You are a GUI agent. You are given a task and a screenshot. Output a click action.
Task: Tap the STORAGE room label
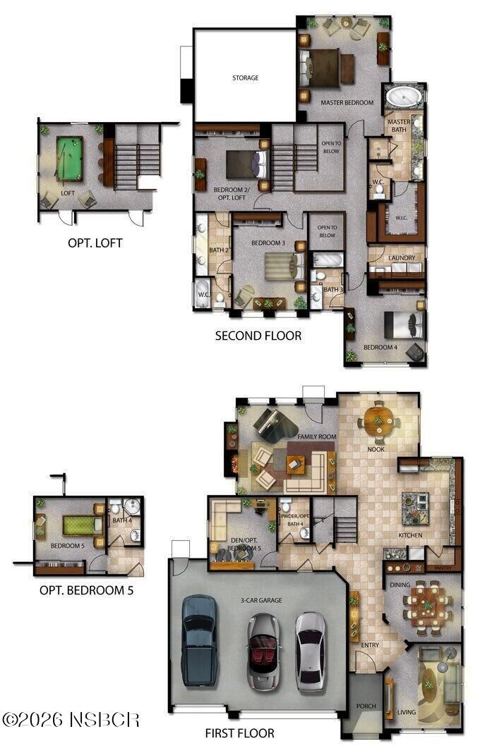pos(245,78)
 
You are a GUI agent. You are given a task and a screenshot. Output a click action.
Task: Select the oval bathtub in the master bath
pos(404,97)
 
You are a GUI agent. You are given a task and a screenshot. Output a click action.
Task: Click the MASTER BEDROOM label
pos(347,103)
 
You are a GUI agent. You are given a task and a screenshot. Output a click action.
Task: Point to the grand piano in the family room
pos(273,425)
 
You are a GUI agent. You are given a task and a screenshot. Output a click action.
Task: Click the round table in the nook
pos(378,421)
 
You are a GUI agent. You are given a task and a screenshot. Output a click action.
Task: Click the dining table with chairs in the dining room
pos(428,606)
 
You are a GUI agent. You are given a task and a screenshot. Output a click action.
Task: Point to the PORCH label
pos(366,706)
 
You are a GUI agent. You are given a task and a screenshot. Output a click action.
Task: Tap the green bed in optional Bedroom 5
pos(83,525)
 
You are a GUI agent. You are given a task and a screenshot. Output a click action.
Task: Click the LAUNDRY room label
pos(402,258)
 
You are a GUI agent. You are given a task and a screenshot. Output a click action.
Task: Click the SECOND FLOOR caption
pos(258,336)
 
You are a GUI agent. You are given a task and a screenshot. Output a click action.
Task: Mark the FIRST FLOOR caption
pos(239,733)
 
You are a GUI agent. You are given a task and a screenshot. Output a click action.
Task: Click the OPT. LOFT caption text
pos(95,243)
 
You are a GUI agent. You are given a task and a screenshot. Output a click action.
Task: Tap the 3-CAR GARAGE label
pos(261,600)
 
